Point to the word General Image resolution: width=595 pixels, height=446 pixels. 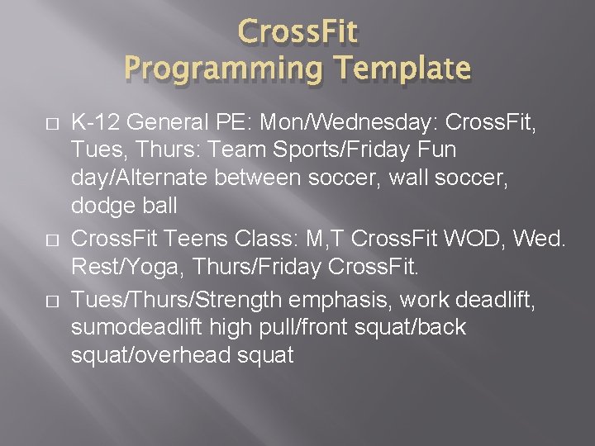(x=159, y=124)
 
